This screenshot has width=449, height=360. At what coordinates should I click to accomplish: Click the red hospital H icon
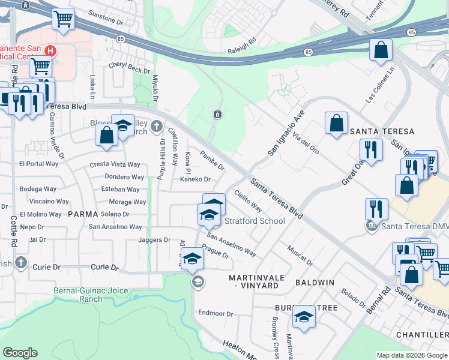point(51,51)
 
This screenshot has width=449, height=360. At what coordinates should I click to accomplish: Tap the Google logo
point(20,353)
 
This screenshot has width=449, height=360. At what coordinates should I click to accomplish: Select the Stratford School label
point(255,221)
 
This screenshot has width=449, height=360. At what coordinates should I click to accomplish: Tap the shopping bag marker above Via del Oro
point(337,123)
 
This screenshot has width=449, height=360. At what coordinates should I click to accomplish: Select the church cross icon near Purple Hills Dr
point(157,126)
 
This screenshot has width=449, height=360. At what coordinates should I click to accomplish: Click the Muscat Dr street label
point(300,256)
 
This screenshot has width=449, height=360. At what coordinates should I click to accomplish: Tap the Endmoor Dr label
point(215,313)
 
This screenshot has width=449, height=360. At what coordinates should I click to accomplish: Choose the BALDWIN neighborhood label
point(314,281)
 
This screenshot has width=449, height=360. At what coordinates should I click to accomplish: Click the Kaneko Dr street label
point(195,179)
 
